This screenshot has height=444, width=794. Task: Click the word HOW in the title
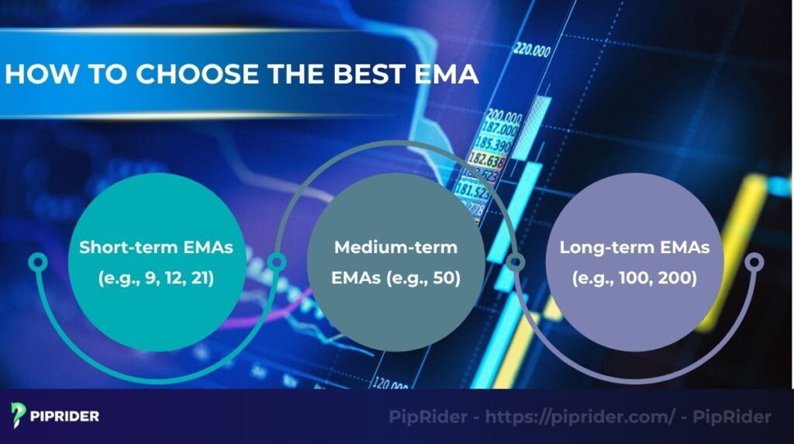click(34, 75)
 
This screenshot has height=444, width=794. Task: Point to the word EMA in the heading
click(447, 75)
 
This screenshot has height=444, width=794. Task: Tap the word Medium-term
click(395, 248)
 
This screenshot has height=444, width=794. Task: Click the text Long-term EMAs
click(634, 248)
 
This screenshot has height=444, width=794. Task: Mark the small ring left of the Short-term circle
click(36, 262)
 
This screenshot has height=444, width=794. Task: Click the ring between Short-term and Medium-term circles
click(275, 262)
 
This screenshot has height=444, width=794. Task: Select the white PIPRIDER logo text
click(66, 417)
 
